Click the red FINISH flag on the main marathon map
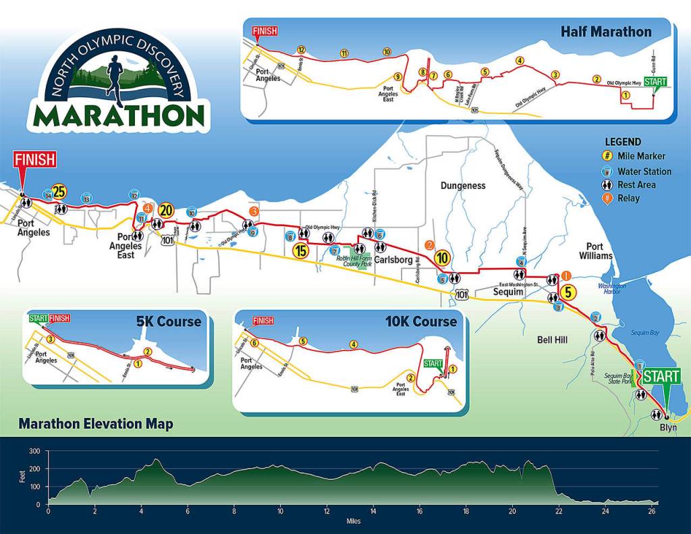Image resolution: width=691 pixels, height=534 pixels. [34, 160]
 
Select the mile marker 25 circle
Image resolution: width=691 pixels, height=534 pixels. [59, 192]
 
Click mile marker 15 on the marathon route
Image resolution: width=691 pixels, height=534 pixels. [300, 250]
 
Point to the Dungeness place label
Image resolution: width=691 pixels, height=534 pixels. [463, 185]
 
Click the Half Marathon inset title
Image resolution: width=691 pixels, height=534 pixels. [606, 32]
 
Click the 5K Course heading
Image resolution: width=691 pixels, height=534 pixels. [169, 321]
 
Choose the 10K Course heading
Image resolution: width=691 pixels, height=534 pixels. [421, 321]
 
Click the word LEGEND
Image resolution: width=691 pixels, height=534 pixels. [622, 142]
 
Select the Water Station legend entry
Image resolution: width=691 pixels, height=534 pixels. [644, 171]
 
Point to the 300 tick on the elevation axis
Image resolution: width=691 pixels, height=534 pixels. [34, 451]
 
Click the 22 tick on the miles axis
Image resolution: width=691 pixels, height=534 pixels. [558, 512]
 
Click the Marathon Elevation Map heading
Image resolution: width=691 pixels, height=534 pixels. [95, 425]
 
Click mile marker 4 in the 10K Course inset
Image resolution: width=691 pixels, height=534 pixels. [354, 344]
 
